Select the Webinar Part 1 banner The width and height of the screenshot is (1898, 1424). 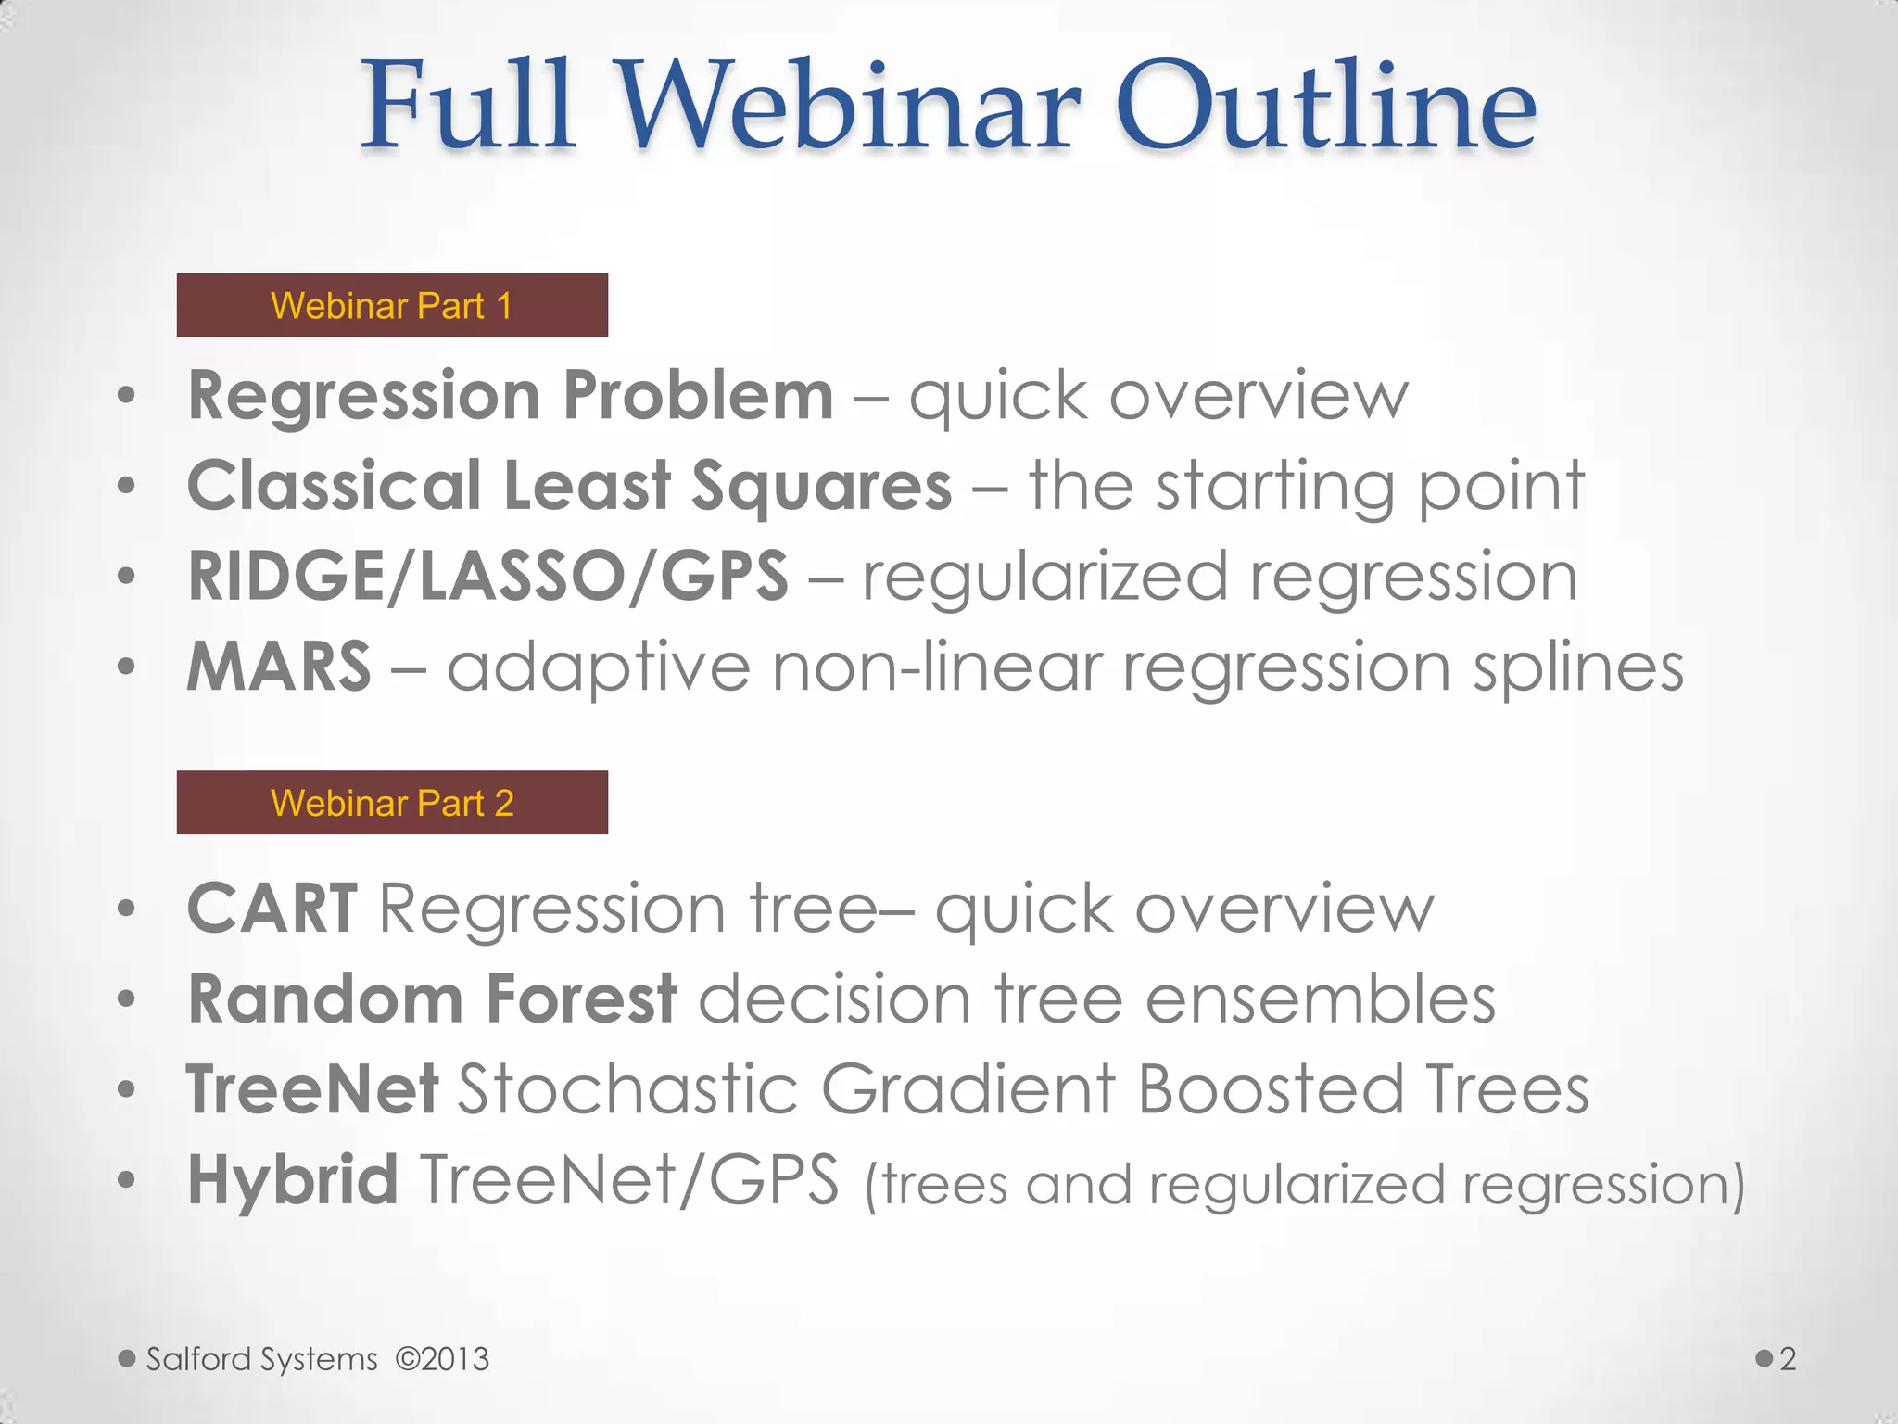click(x=392, y=305)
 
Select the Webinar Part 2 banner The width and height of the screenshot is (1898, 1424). click(x=392, y=802)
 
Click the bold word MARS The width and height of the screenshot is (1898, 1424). click(x=279, y=667)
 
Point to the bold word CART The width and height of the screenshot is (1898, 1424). click(x=272, y=908)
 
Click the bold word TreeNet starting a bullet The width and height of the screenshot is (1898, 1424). click(x=312, y=1088)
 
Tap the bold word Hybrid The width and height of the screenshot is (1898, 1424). click(x=293, y=1179)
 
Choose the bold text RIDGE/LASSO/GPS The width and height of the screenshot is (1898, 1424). click(x=487, y=576)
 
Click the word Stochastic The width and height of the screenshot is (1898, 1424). click(x=627, y=1088)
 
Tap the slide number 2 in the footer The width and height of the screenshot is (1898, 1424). click(x=1788, y=1359)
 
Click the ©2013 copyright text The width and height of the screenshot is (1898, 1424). click(x=442, y=1359)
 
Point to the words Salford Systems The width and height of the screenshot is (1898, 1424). click(x=262, y=1359)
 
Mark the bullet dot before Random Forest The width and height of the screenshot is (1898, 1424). click(x=127, y=1000)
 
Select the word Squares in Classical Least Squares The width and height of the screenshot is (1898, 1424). click(x=821, y=486)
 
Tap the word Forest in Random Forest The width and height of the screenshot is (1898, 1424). click(x=581, y=998)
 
